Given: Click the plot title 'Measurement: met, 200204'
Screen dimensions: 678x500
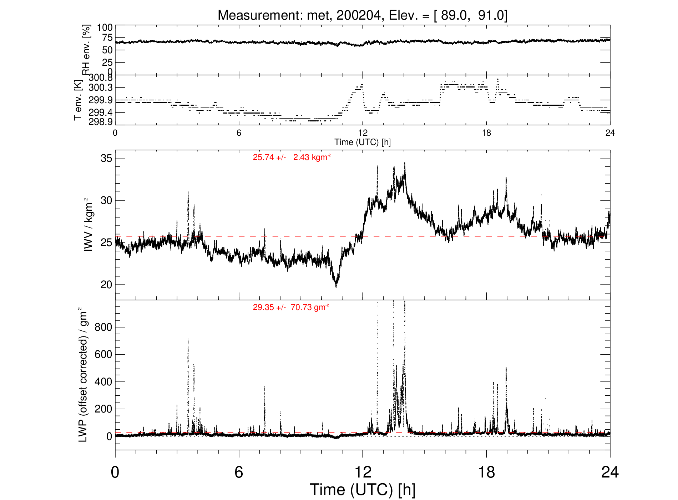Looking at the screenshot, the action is (301, 15).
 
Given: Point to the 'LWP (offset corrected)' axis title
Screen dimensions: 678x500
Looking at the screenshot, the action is (83, 375).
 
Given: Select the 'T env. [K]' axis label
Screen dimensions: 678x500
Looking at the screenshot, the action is (78, 100).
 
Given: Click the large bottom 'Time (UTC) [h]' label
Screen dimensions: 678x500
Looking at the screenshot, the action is (363, 490).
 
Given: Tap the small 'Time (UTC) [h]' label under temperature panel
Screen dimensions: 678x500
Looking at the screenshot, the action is (363, 142).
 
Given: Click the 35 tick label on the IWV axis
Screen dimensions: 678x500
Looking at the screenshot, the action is (106, 158).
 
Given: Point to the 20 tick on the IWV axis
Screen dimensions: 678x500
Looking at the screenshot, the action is (106, 285).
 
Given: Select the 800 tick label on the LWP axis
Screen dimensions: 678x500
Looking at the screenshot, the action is (103, 327).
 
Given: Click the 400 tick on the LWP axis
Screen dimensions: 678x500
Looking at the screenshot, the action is (103, 382).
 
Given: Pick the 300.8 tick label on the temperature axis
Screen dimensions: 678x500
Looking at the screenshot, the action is (101, 78).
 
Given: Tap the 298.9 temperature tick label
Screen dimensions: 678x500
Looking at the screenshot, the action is (101, 122).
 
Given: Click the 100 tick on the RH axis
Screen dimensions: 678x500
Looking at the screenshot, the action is (105, 27).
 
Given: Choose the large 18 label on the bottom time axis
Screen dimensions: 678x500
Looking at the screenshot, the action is (486, 472).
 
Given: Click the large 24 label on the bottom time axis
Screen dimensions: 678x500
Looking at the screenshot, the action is (610, 472).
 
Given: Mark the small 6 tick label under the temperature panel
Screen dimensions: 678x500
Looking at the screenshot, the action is (239, 133).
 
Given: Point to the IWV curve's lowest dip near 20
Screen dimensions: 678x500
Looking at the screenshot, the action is (336, 286).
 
